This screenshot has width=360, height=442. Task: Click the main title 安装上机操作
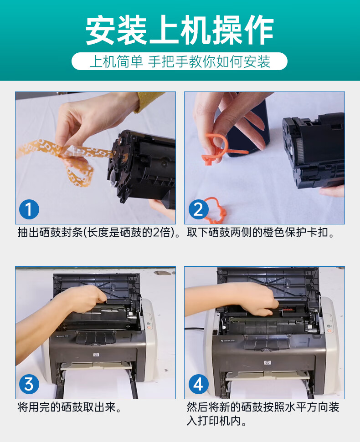click(180, 30)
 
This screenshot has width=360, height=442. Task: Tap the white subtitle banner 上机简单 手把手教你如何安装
click(180, 61)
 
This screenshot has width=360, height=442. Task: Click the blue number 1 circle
click(29, 209)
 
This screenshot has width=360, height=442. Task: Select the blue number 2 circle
click(198, 209)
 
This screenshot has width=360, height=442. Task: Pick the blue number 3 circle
click(29, 384)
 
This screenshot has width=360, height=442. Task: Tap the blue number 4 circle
click(198, 384)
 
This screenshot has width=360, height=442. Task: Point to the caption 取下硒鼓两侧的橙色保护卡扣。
click(260, 233)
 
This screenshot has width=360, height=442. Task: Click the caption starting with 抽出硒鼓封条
click(98, 233)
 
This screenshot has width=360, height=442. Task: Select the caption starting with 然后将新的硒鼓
click(262, 414)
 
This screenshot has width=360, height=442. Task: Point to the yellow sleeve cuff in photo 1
click(148, 102)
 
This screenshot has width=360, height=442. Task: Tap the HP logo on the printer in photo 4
click(267, 362)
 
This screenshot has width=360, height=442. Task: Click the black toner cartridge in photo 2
click(314, 150)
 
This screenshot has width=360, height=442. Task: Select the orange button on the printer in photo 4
click(329, 330)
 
